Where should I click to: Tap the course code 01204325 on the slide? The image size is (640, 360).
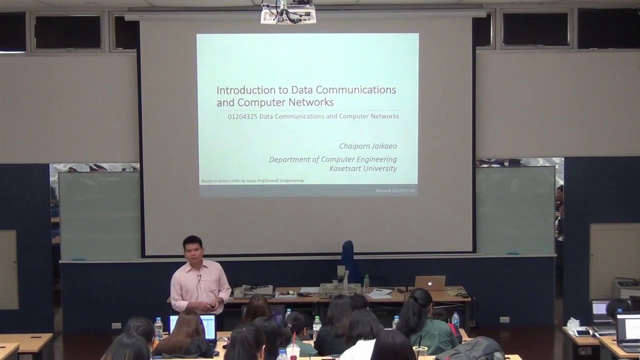click(242, 116)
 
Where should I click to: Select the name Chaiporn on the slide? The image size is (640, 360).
click(354, 146)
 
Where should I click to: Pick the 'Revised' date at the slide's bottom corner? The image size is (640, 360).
click(396, 190)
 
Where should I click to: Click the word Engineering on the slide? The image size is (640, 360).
click(376, 159)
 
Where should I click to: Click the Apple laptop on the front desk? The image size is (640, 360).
click(430, 283)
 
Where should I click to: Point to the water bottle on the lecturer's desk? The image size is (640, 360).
click(366, 283)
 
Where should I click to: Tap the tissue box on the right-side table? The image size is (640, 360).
click(573, 324)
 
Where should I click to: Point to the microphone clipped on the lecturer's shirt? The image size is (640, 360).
click(198, 276)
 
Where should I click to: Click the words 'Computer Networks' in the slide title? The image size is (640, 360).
click(285, 102)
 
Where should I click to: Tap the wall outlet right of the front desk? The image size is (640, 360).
click(504, 319)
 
